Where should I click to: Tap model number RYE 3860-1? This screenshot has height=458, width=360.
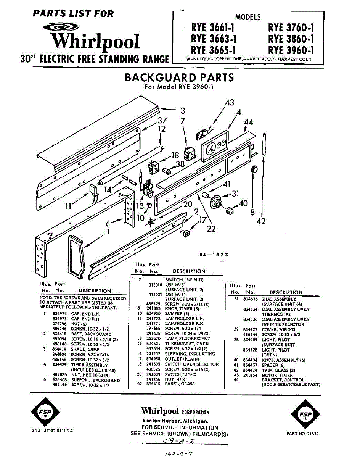pyautogui.click(x=291, y=39)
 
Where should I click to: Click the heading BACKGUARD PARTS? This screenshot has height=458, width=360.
pyautogui.click(x=179, y=78)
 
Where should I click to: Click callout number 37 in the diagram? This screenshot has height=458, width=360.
pyautogui.click(x=162, y=121)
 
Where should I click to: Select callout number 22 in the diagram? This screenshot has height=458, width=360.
pyautogui.click(x=211, y=229)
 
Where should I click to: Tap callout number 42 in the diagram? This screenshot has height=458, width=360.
pyautogui.click(x=261, y=221)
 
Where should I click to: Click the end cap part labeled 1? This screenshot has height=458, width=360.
pyautogui.click(x=76, y=255)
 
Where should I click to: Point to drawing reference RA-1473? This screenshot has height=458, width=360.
pyautogui.click(x=214, y=255)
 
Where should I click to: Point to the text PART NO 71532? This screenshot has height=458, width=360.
pyautogui.click(x=302, y=434)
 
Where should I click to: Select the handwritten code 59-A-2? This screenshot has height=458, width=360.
pyautogui.click(x=179, y=441)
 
